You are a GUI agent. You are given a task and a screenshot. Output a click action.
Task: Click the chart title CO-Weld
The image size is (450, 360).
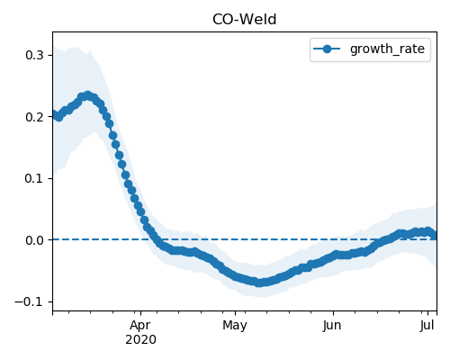244,20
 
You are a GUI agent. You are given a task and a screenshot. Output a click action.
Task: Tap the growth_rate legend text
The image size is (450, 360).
387,49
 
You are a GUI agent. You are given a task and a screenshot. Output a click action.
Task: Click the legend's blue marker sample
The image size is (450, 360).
327,49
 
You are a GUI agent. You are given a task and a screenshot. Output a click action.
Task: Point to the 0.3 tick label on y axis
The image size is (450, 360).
34,55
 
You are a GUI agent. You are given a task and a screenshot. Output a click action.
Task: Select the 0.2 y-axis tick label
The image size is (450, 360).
34,117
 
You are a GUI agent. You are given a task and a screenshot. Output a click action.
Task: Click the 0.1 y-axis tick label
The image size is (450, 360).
34,178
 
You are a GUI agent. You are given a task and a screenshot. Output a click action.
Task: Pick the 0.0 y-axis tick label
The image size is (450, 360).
34,240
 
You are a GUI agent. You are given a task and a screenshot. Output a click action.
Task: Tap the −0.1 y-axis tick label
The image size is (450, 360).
30,301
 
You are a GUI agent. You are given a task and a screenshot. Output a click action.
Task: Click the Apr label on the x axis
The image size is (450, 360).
140,326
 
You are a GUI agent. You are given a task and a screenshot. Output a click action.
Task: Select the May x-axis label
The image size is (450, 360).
235,326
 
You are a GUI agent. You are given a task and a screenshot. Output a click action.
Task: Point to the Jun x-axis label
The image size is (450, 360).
332,326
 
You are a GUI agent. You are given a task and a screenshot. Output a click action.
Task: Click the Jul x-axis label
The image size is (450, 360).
427,326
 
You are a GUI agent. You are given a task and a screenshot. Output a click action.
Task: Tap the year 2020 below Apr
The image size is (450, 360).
140,340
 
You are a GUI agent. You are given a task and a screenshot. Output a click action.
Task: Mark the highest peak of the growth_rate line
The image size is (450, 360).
87,96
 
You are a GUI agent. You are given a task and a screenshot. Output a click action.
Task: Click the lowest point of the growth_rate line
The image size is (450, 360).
259,283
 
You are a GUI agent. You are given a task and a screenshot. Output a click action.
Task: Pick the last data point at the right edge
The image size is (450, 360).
435,236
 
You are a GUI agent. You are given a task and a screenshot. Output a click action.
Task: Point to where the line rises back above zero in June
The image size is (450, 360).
386,239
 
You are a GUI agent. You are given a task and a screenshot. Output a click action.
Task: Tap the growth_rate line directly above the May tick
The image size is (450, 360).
235,275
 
